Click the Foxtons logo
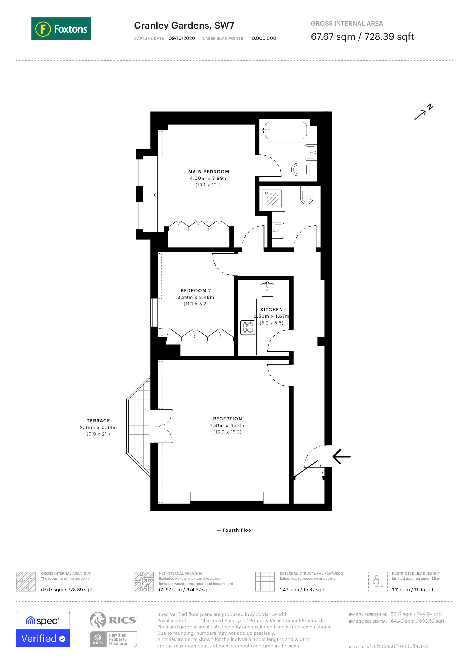pos(61,29)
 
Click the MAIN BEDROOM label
pos(208,172)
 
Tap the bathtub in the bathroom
pos(285,130)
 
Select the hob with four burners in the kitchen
pos(248,328)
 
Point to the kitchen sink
pos(267,289)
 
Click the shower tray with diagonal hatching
pos(272,198)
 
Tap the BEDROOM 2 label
pos(195,290)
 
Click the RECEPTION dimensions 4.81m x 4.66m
pos(227,425)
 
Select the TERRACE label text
pos(98,421)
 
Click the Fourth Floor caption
pos(237,530)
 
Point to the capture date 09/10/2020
pos(182,38)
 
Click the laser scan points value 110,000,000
pos(262,38)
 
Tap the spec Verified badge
pos(43,630)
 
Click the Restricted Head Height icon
pos(378,582)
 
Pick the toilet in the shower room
pos(306,195)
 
